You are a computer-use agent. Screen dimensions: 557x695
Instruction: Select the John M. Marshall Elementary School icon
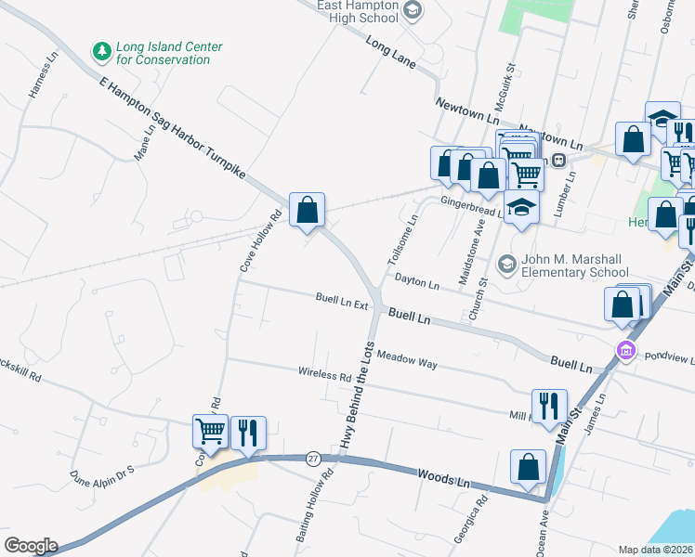(506, 266)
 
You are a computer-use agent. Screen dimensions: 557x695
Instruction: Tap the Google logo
(30, 546)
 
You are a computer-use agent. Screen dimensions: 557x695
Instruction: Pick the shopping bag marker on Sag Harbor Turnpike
(307, 210)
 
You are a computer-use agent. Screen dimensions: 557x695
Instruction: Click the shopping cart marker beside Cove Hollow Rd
(211, 433)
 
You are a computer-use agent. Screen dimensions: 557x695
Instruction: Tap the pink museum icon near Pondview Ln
(626, 351)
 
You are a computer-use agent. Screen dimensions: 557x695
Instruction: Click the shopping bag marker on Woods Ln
(528, 467)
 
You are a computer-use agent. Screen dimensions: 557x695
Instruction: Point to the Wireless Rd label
(324, 374)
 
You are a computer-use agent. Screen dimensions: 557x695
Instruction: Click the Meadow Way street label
(407, 360)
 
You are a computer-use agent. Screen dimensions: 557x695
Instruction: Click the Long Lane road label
(388, 55)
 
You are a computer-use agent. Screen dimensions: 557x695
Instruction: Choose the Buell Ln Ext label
(342, 302)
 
